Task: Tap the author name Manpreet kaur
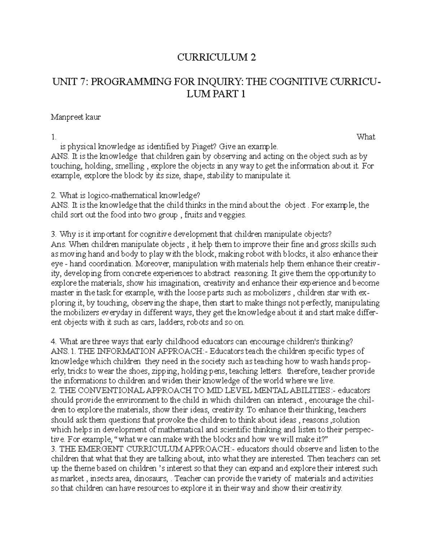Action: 75,117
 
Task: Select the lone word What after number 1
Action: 366,137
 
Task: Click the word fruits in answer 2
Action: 195,215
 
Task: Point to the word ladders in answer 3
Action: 170,322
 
